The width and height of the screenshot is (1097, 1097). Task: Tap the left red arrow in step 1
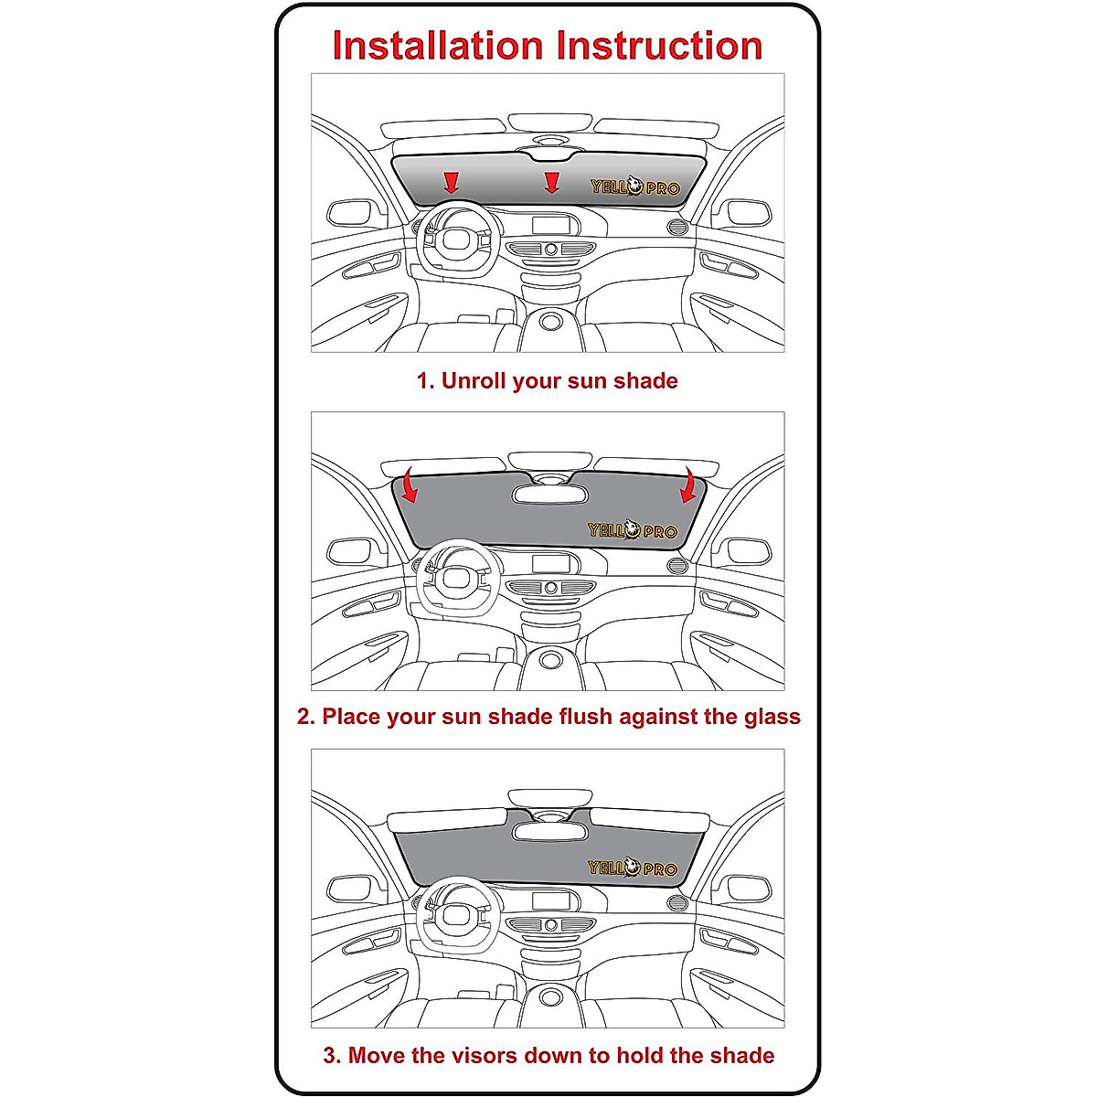tap(451, 182)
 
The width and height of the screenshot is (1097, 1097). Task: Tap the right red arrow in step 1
tap(550, 182)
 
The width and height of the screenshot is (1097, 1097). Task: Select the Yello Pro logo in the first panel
tap(635, 187)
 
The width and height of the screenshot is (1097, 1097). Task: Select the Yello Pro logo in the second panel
tap(633, 530)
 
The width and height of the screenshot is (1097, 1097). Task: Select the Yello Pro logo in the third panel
tap(633, 868)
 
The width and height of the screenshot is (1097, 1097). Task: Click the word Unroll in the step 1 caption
tap(474, 381)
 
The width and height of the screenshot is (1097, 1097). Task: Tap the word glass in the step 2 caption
tap(773, 717)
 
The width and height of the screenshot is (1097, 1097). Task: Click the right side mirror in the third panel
tap(746, 889)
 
